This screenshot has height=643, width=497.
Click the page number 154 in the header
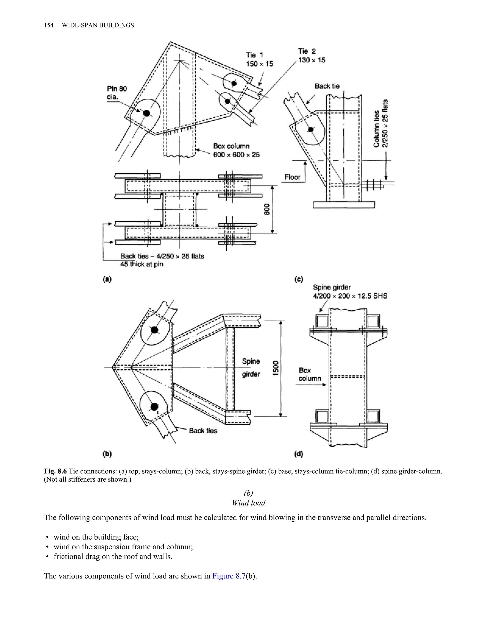point(49,25)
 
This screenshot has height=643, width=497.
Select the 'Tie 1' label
point(254,55)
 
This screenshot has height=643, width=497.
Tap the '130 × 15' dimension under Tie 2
point(312,60)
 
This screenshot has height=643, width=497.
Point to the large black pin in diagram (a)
point(146,113)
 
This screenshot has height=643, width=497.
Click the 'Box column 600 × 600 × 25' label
point(236,150)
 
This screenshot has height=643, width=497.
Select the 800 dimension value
point(267,209)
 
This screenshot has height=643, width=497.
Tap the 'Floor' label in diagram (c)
point(292,177)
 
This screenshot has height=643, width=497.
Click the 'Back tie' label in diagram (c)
point(327,86)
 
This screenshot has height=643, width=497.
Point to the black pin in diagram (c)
point(310,129)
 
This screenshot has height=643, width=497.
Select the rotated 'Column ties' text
point(376,129)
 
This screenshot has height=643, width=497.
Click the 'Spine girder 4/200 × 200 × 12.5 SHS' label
point(350,291)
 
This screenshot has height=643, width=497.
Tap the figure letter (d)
point(298,454)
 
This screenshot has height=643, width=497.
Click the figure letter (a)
point(107,279)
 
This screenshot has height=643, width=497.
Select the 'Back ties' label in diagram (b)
point(203,431)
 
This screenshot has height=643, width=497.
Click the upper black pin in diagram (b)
point(154,330)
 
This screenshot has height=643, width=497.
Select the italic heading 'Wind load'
point(248,503)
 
